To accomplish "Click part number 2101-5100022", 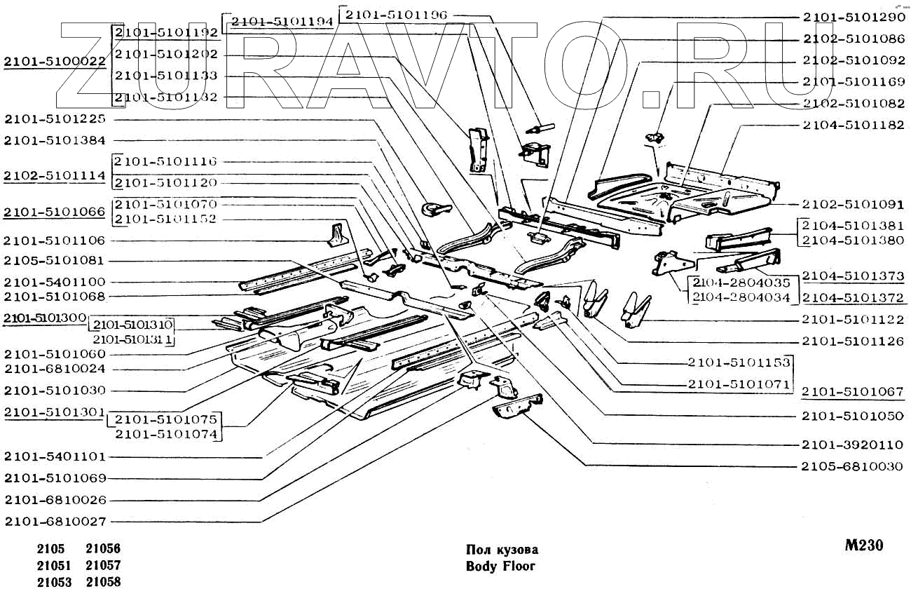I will pos(55,62).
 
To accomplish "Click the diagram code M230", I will pos(863,546).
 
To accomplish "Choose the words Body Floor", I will pos(500,566).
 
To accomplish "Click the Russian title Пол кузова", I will pos(502,550).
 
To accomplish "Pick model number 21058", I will pos(103,582).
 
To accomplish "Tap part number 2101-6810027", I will pos(55,522).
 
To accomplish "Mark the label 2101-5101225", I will pos(55,118).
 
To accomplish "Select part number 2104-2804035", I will pos(741,283).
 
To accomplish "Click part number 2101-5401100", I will pos(55,282).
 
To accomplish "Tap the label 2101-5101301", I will pos(55,412).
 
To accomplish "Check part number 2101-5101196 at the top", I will pos(396,14).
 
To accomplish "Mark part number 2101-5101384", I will pos(55,140).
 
